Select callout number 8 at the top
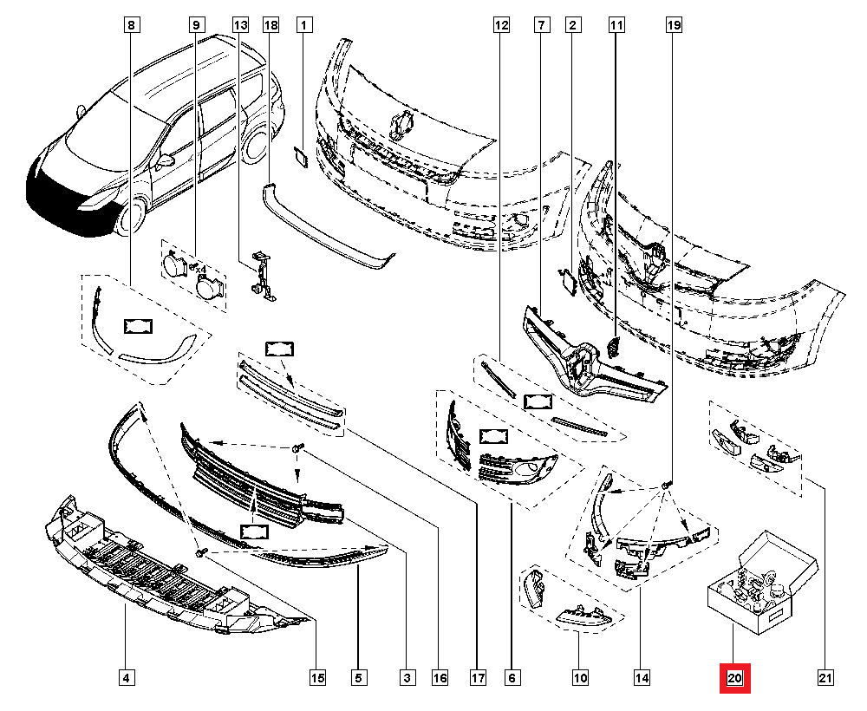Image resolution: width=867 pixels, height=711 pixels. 130,26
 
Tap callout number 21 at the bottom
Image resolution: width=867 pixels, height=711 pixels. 825,677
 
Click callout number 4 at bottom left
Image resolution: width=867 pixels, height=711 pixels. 127,677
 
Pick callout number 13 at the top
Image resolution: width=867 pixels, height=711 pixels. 240,26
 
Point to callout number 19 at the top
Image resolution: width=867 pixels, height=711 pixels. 674,26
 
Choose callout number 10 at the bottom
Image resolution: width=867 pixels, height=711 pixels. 579,677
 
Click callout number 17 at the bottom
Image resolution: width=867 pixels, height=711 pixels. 476,677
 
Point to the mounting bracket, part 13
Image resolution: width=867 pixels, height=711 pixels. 262,276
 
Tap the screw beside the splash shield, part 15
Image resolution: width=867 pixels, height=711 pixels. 199,551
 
